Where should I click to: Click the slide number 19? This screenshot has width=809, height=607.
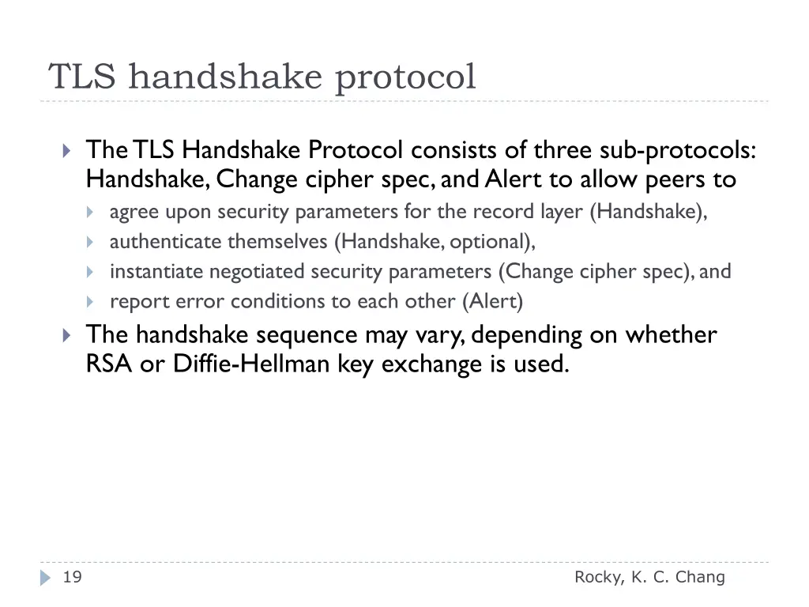click(x=72, y=578)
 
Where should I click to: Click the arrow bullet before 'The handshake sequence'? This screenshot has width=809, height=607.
click(x=67, y=335)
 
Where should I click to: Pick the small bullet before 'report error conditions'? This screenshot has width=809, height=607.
click(x=90, y=302)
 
